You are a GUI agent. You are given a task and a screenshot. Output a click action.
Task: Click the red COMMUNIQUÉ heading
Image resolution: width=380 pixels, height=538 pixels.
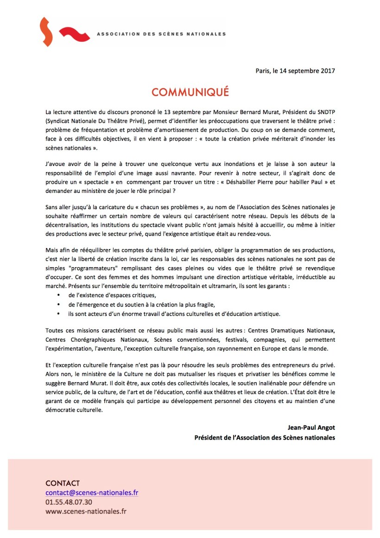[190, 92]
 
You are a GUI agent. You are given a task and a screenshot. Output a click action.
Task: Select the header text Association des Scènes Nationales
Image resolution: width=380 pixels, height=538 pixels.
[161, 34]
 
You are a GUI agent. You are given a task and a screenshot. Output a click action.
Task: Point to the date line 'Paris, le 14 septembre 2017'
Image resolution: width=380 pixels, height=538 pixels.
[295, 71]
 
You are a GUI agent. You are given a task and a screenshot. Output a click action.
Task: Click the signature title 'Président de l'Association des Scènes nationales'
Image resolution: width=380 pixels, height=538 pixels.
[265, 437]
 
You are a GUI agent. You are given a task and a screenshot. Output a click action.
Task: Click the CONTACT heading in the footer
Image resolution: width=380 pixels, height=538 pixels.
[63, 483]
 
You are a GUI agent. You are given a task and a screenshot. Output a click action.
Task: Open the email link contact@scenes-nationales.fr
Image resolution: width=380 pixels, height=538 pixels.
[92, 493]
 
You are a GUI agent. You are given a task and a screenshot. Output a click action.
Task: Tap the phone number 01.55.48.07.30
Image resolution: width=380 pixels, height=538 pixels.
[69, 502]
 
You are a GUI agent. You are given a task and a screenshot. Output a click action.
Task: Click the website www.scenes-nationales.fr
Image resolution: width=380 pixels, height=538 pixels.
[86, 511]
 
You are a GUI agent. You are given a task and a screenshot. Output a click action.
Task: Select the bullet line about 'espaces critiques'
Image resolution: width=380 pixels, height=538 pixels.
[112, 295]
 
